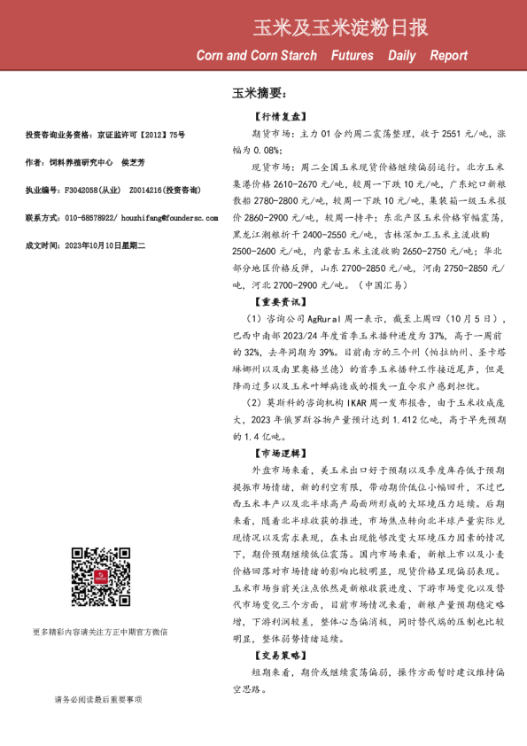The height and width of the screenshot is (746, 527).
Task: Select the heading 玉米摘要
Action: click(259, 92)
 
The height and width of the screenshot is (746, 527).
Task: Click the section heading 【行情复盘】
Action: click(279, 116)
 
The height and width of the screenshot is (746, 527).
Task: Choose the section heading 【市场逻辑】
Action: click(279, 452)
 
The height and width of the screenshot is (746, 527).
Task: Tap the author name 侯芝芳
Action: click(133, 163)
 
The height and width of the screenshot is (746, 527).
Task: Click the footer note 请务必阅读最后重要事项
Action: click(97, 699)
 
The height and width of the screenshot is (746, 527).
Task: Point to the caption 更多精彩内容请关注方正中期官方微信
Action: click(99, 632)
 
